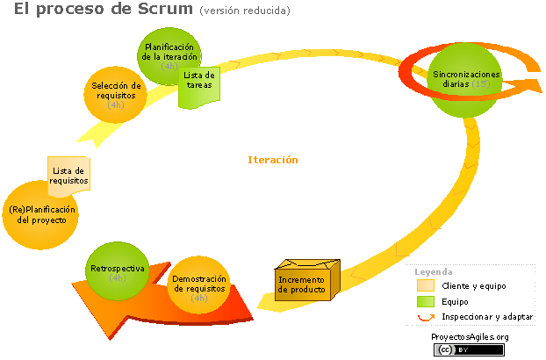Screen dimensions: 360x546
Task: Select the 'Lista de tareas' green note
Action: (199, 87)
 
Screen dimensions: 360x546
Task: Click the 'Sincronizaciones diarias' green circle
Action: (466, 80)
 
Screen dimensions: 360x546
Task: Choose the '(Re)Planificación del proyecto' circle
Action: (40, 213)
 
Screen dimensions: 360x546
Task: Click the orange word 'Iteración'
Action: (273, 160)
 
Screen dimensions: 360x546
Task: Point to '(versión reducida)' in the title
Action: (244, 11)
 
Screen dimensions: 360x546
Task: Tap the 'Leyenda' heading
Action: (434, 272)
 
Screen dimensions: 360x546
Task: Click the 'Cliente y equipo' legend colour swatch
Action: (425, 286)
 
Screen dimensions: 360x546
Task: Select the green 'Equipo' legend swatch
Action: (425, 301)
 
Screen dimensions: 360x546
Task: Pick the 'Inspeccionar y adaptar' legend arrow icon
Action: (426, 317)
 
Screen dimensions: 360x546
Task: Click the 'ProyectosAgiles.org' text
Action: (470, 337)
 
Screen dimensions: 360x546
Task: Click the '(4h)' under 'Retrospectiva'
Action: (118, 277)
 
